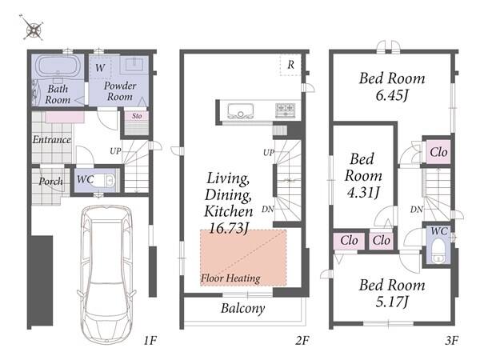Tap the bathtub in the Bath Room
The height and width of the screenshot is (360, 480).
click(58, 67)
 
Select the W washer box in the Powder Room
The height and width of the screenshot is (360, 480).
click(101, 68)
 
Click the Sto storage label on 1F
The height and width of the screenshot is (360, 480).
click(137, 116)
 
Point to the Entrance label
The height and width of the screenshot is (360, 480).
click(51, 139)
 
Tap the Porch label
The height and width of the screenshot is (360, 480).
click(50, 182)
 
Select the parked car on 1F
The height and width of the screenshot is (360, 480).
click(106, 274)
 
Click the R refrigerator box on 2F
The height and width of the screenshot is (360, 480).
click(290, 65)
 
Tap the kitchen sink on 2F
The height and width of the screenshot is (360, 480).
click(241, 111)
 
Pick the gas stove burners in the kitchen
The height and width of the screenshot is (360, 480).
click(286, 110)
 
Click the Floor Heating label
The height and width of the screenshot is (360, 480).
click(230, 278)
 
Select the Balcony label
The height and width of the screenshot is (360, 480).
click(242, 308)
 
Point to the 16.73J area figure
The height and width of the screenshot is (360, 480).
click(228, 228)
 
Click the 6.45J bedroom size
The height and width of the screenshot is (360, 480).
click(392, 95)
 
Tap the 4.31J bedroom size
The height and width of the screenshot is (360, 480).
click(363, 192)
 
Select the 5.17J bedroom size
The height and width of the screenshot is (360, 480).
click(392, 302)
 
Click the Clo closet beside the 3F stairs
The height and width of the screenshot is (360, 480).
click(438, 152)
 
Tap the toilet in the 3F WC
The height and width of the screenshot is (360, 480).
click(438, 250)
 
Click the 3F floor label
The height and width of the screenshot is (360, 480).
click(451, 341)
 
